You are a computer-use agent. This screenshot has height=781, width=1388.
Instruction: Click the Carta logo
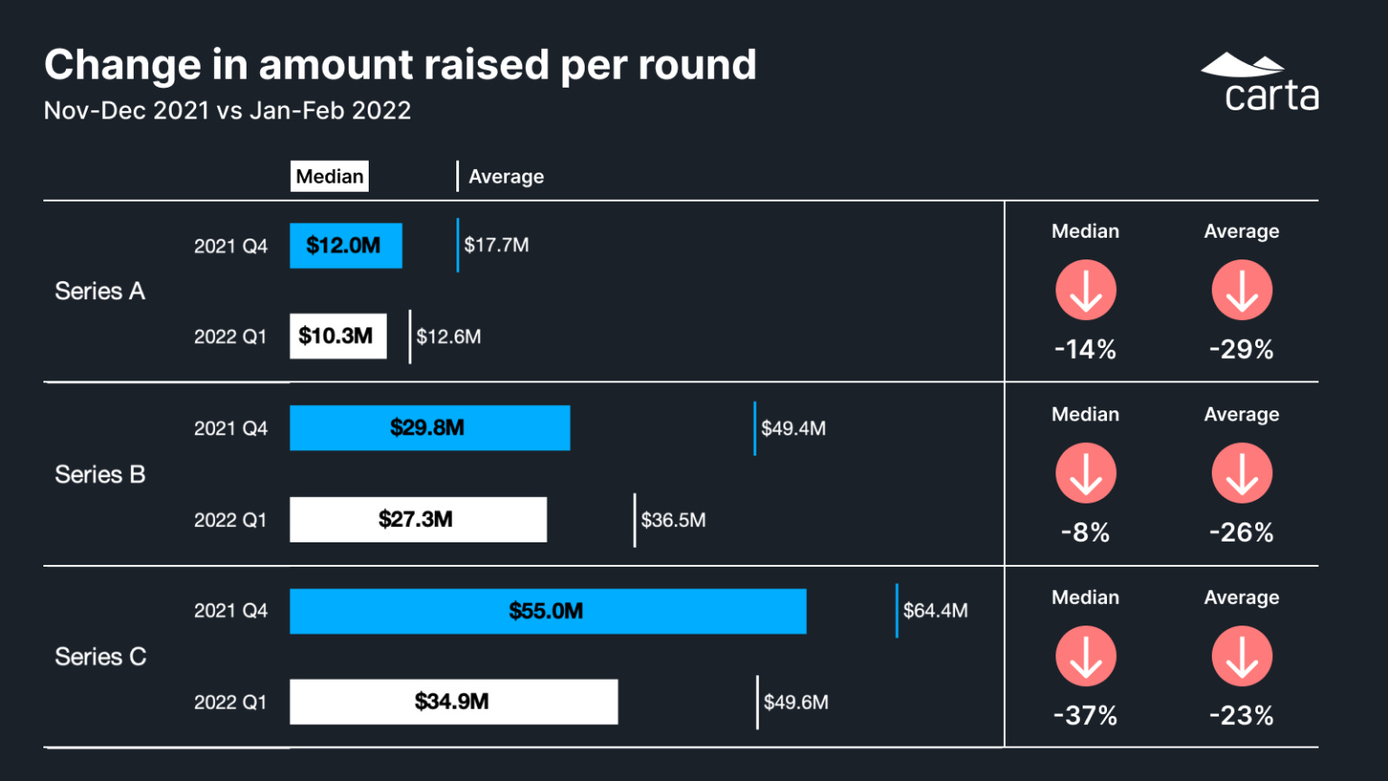point(1260,82)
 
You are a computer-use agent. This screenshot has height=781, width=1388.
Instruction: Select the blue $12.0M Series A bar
point(345,246)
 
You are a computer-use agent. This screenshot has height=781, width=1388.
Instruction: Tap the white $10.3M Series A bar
point(337,336)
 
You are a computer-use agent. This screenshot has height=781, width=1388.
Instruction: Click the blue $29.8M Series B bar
point(429,428)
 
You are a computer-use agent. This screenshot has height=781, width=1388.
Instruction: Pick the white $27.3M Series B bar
point(417,520)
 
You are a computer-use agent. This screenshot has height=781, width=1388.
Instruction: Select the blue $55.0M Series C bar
point(548,611)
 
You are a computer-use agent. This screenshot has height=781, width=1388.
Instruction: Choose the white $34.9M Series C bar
point(453,701)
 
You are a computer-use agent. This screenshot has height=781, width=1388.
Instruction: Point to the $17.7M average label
point(496,245)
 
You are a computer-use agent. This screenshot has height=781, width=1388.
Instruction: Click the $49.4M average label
point(792,428)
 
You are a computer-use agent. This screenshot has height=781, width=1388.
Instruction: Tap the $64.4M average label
point(934,611)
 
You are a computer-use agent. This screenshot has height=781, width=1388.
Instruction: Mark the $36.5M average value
point(673,520)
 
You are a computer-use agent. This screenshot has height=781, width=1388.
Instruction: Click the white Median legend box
point(329,176)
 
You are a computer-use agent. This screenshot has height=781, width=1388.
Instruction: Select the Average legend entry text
point(506,176)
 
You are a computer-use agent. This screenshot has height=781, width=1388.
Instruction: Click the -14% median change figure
point(1085,350)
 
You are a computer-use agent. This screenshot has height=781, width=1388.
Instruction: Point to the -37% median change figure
point(1085,716)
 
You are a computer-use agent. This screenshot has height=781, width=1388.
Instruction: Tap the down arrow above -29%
point(1242,290)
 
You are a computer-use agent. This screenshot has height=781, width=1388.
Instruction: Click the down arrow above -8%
point(1085,473)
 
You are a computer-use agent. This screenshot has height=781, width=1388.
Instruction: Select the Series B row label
point(99,475)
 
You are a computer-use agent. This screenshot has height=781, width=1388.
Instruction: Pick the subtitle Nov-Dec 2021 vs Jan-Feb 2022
point(228,110)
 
